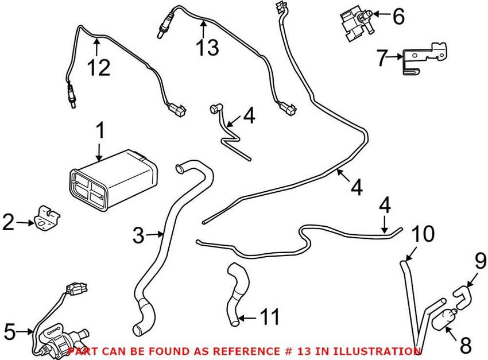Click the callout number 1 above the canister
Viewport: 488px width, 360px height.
[100, 133]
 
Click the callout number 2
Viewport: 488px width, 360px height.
[8, 222]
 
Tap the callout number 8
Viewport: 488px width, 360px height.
[465, 346]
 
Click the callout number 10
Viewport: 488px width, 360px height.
[423, 234]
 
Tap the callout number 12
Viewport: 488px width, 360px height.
[98, 68]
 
